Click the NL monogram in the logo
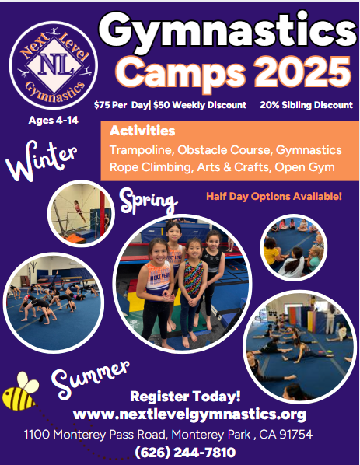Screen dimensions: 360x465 coord(54,65)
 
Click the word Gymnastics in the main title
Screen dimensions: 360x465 coord(228,30)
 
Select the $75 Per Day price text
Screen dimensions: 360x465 coord(121,105)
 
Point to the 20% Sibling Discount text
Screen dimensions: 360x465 coord(306,105)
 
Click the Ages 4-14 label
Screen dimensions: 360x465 coord(54,120)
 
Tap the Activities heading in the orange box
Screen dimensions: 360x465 coord(142,131)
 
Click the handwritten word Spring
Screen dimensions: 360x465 coord(149,201)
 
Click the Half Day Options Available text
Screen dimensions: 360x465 coord(274,196)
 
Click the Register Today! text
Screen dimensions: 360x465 coord(185,397)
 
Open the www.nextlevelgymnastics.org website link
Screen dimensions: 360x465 coord(190,414)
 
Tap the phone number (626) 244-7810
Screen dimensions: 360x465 coord(185,453)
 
